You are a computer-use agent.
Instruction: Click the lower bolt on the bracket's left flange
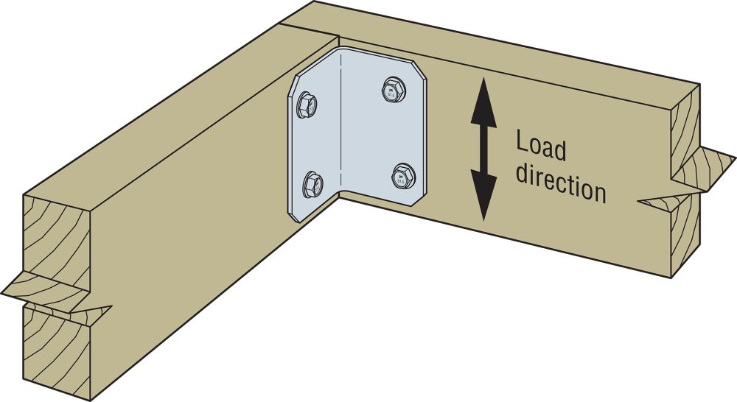click(312, 180)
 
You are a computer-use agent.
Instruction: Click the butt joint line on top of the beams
click(310, 29)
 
